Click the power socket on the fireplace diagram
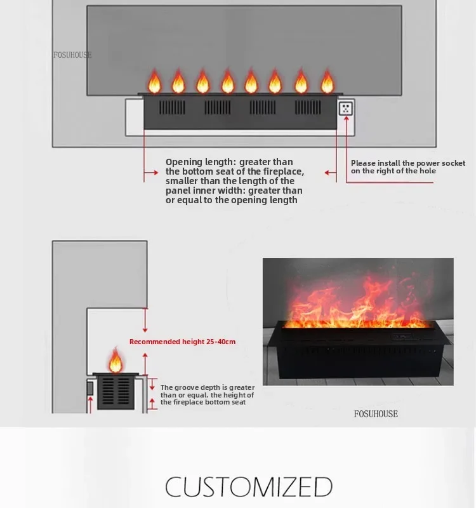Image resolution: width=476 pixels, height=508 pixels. [x=345, y=108]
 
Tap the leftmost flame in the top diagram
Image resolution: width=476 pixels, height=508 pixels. [x=154, y=83]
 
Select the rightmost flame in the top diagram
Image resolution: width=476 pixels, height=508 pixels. [x=327, y=83]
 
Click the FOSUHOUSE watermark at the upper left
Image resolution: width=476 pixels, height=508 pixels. [x=72, y=55]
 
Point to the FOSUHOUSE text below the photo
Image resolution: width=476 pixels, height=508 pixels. [x=376, y=414]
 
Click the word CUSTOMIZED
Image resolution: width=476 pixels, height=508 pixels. [x=249, y=487]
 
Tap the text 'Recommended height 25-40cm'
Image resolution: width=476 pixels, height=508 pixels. [x=182, y=342]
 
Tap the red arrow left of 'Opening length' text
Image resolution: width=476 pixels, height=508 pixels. [x=150, y=172]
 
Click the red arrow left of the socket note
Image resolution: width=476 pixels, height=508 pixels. [x=331, y=172]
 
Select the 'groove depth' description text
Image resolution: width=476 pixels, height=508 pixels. [x=207, y=394]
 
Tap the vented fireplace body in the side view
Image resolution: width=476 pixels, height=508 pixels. [x=116, y=392]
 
